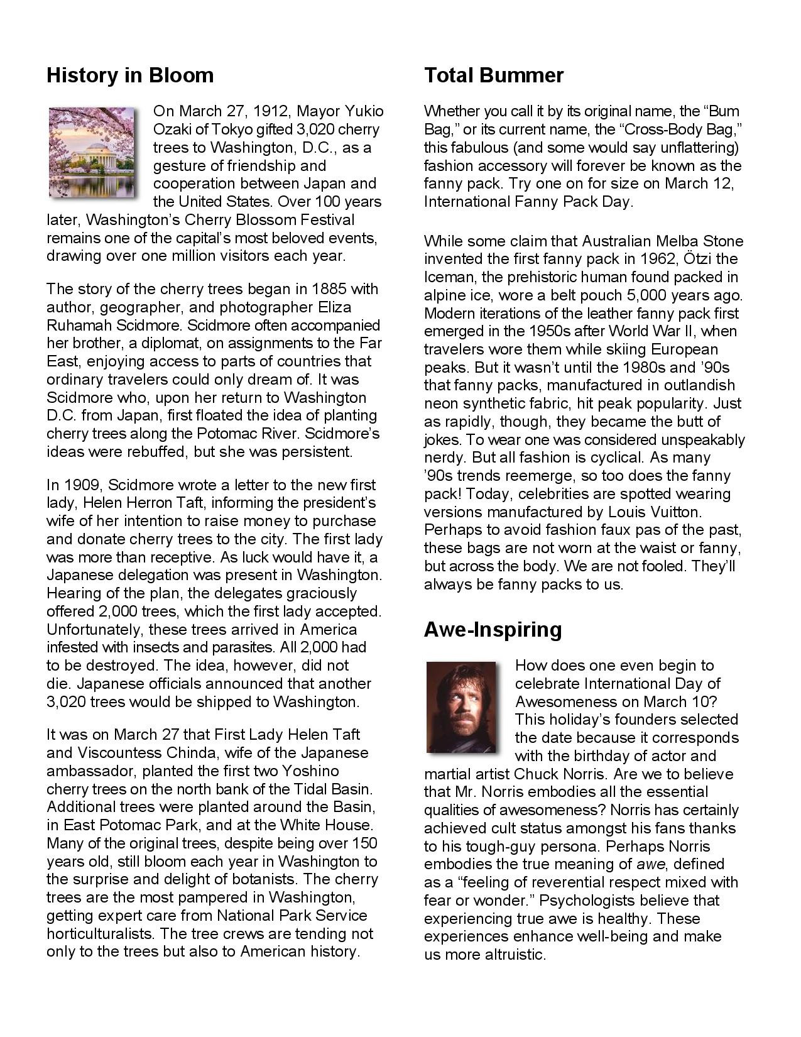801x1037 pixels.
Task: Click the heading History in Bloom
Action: point(130,75)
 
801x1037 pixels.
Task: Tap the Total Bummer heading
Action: point(494,75)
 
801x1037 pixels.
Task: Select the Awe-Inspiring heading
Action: point(493,629)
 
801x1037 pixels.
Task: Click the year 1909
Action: point(85,485)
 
